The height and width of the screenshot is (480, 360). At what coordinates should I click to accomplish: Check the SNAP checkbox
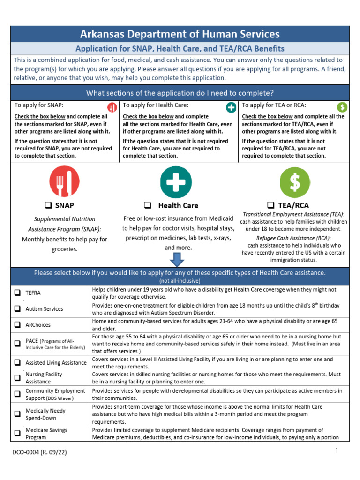[x=48, y=205]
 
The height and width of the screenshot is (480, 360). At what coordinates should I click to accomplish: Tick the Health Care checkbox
[x=147, y=205]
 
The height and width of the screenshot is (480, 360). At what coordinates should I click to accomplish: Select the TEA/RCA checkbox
[x=270, y=205]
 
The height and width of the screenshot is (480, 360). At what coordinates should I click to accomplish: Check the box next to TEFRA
[x=17, y=293]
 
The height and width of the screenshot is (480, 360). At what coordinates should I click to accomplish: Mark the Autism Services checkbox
[x=17, y=309]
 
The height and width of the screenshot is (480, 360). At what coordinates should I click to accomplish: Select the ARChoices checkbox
[x=17, y=324]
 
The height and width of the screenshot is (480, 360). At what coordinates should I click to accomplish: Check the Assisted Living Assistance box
[x=17, y=362]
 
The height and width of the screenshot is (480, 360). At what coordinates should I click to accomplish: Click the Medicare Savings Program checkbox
[x=17, y=433]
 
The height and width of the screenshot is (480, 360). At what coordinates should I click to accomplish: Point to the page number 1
[x=337, y=451]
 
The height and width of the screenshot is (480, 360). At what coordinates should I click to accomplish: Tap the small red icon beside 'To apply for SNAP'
[x=112, y=107]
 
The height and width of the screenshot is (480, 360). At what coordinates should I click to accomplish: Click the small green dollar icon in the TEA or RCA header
[x=343, y=107]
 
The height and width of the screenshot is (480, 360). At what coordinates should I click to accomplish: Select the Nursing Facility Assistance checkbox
[x=17, y=378]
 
